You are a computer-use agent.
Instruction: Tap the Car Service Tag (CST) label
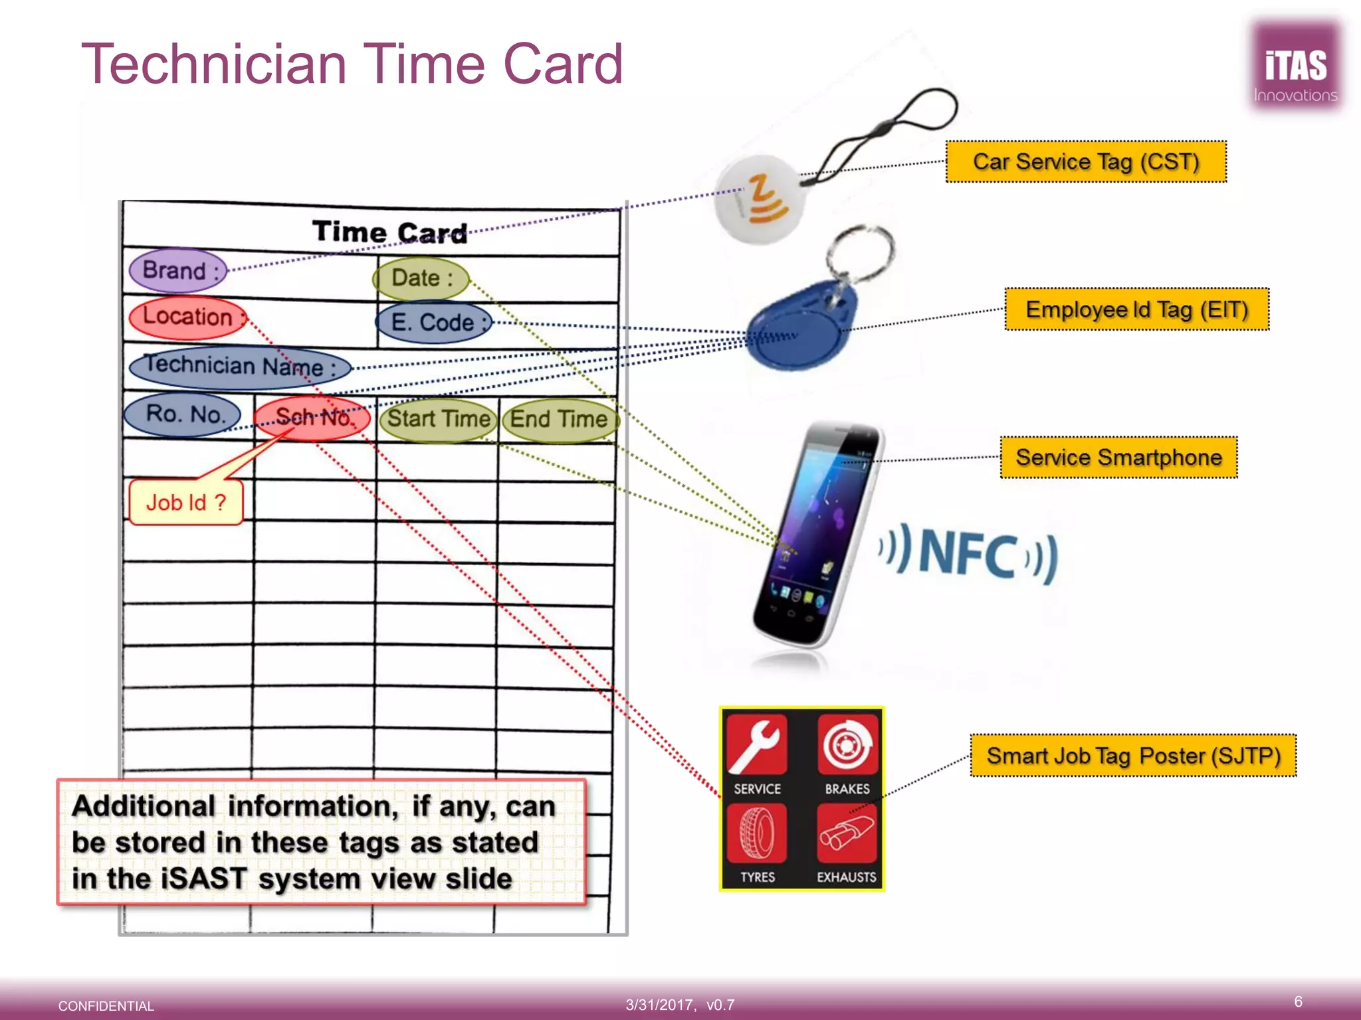tap(1086, 161)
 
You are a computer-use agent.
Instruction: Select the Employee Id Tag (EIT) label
tap(1136, 309)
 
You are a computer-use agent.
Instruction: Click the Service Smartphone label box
tap(1118, 458)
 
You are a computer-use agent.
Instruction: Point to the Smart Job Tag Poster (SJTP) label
tap(1133, 756)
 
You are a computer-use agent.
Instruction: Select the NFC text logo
tap(969, 552)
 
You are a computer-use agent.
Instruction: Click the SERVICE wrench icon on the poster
tap(757, 745)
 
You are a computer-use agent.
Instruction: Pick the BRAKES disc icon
tap(847, 745)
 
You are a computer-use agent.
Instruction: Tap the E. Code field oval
tap(434, 323)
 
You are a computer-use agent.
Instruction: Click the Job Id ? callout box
tap(186, 503)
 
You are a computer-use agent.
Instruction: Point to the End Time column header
tap(559, 420)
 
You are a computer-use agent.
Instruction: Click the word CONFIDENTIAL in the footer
tap(106, 1006)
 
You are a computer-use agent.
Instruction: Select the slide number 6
tap(1298, 1001)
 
